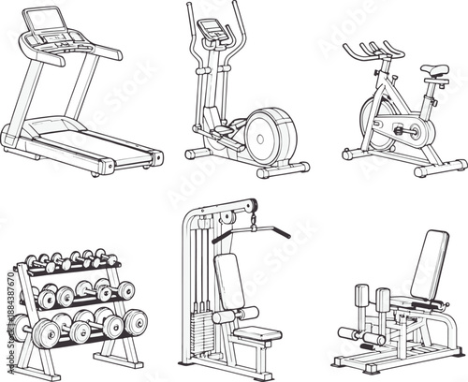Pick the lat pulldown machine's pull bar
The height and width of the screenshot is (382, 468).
point(257,228)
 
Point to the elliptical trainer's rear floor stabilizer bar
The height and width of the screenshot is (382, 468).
point(283,169)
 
